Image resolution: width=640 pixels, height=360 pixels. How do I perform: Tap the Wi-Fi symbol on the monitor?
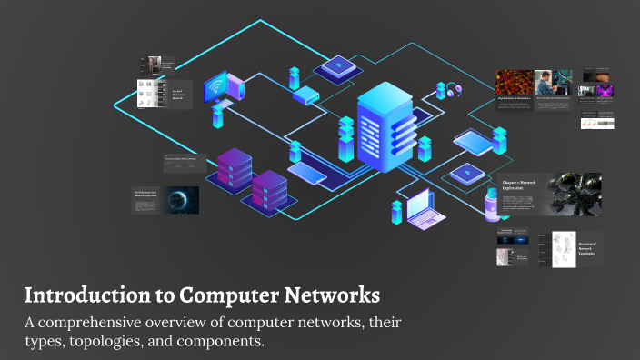pyautogui.click(x=215, y=88)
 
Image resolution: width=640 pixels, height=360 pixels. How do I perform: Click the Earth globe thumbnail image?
pyautogui.click(x=181, y=201)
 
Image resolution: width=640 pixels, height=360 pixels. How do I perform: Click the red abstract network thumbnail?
pyautogui.click(x=514, y=83)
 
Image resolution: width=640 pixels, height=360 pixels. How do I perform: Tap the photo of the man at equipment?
pyautogui.click(x=545, y=83)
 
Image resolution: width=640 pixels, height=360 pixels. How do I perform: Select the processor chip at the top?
pyautogui.click(x=341, y=65)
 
